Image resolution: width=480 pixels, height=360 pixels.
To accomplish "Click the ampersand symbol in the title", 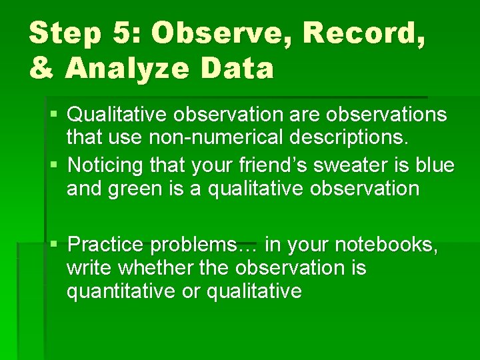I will click(41, 67).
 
